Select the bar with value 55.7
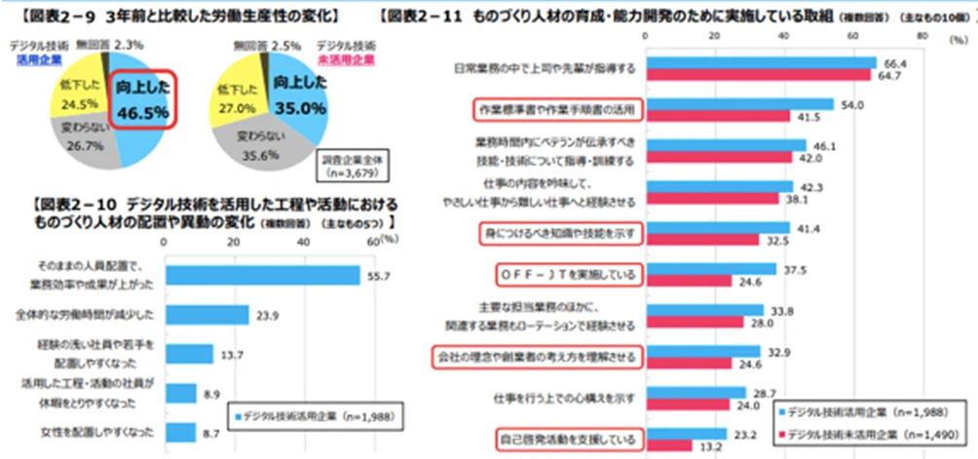(x=264, y=276)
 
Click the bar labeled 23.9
(x=207, y=314)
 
